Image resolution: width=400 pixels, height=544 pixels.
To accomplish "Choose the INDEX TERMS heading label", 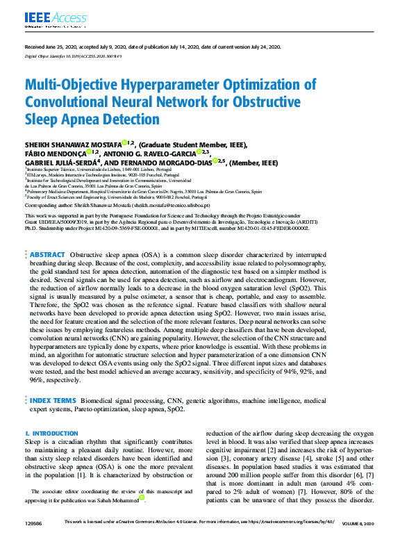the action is [x=52, y=401].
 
